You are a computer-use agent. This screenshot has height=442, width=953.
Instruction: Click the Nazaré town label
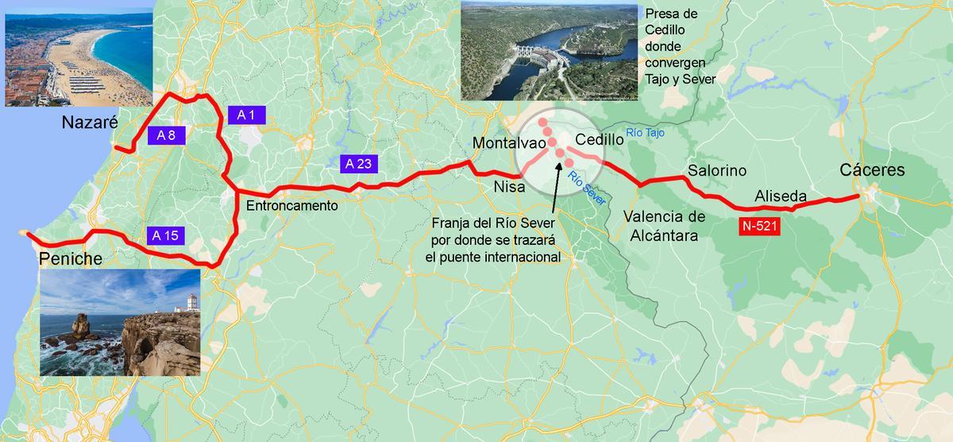coord(90,123)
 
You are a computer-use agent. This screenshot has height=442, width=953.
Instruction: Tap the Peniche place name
coord(71,259)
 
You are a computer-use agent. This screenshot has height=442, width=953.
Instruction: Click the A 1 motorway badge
coord(246,115)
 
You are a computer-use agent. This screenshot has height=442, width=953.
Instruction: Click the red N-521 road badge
coord(758,227)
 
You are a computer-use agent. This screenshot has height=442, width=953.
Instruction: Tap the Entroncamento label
coord(292,205)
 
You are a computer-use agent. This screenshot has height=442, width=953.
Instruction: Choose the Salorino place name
coord(717,170)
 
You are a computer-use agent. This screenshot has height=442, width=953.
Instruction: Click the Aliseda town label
coord(781,196)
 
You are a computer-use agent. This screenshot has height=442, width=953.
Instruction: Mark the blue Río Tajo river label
coord(644,133)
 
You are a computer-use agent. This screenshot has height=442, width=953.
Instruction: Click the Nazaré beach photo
coord(78,57)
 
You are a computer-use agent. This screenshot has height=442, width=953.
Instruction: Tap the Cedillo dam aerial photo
coord(549,50)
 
